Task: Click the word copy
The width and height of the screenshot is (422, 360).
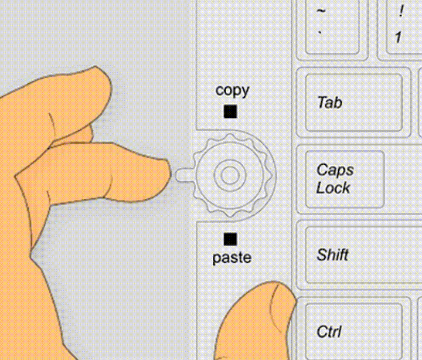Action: [x=232, y=90]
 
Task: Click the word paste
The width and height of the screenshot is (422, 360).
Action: [x=232, y=257]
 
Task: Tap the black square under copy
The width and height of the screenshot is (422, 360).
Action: [x=230, y=111]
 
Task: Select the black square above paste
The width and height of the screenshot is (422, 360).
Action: [x=230, y=239]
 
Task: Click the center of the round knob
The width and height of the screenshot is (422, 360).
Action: [x=229, y=174]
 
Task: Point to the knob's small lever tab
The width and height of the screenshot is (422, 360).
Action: [x=183, y=174]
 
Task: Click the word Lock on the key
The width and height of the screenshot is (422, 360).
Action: [x=333, y=188]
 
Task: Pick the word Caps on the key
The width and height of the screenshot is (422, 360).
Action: [x=335, y=170]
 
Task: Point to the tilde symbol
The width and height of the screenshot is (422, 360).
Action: [x=321, y=11]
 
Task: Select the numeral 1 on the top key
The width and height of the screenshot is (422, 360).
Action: [x=399, y=38]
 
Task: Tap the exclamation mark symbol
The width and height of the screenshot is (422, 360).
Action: [x=401, y=12]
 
